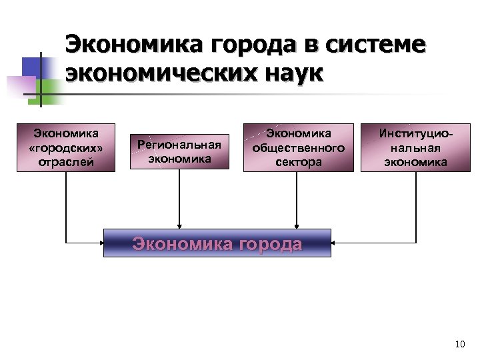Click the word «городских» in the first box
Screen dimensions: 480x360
66,147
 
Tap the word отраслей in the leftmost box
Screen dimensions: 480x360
66,161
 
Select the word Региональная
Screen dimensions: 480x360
179,145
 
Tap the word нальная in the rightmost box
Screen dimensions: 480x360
411,147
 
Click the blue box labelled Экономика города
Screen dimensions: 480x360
217,243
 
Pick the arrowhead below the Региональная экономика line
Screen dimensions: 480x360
179,226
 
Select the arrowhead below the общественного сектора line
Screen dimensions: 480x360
296,226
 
